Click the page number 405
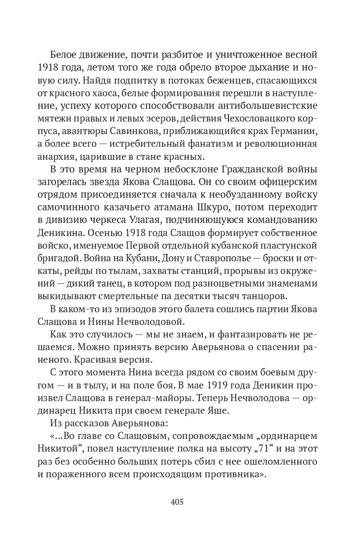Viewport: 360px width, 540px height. [177, 501]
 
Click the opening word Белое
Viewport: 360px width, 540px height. [64, 55]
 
